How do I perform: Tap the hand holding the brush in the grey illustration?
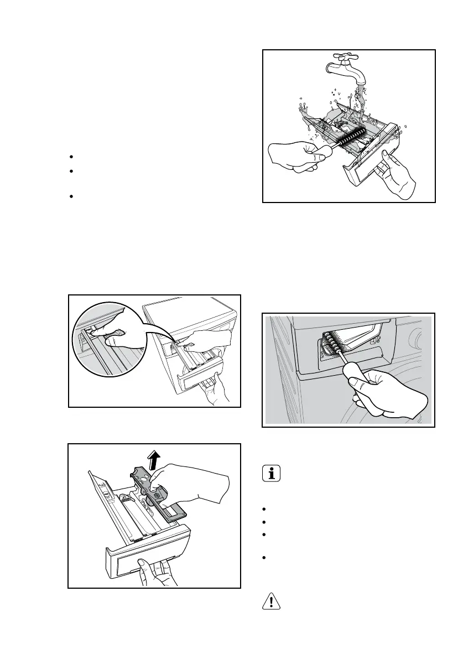pyautogui.click(x=387, y=396)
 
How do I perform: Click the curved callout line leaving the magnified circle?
pyautogui.click(x=158, y=326)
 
